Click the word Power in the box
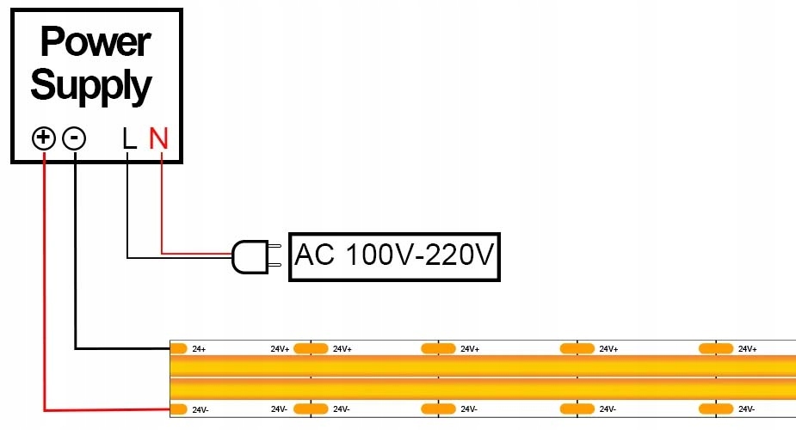coord(96,41)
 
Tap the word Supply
coord(91,85)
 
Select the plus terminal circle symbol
coord(44,138)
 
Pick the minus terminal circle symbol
coord(75,138)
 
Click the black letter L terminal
coord(129,138)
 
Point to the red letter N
coord(159,138)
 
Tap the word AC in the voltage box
coord(314,255)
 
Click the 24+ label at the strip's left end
coord(199,349)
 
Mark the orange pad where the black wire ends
coord(179,348)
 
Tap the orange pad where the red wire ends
coord(179,408)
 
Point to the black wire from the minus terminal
coord(76,258)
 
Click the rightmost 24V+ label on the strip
coord(746,349)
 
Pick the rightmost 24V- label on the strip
coord(746,408)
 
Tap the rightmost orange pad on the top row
coord(715,348)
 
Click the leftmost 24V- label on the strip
coord(201,409)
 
